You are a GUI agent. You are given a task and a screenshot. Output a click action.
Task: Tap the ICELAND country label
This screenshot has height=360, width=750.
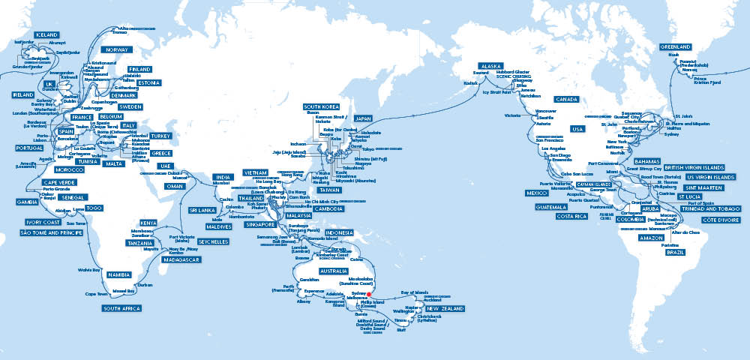pyautogui.click(x=25, y=35)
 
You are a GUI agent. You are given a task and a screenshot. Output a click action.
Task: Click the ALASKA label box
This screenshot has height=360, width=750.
pyautogui.click(x=490, y=66)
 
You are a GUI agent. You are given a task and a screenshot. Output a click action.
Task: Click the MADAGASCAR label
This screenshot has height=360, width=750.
pyautogui.click(x=178, y=259)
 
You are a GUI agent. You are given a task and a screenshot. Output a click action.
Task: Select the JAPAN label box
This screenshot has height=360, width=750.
pyautogui.click(x=363, y=118)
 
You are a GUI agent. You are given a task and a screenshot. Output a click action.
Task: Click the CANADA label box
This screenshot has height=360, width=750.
pyautogui.click(x=568, y=99)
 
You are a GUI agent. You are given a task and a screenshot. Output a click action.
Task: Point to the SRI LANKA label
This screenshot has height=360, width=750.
pyautogui.click(x=202, y=211)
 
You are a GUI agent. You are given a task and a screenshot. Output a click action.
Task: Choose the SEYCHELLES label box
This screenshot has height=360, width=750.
pyautogui.click(x=214, y=242)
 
